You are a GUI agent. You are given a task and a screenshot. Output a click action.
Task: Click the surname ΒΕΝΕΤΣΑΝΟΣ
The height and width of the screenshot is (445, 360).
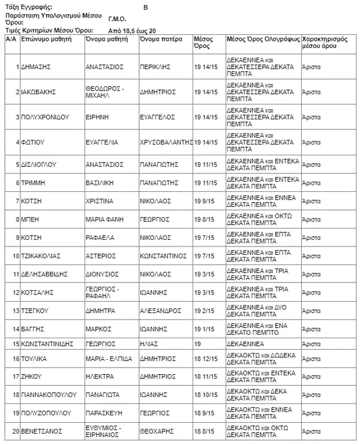point(42,431)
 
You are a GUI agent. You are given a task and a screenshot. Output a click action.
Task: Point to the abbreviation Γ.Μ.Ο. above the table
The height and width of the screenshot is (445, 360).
point(117,19)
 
